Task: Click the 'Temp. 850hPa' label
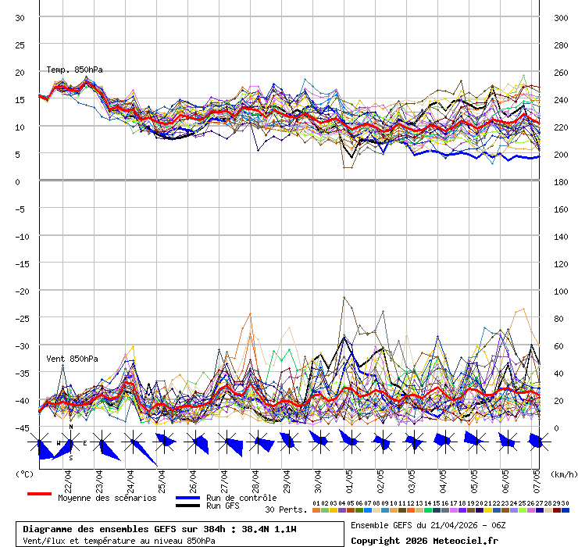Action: (x=74, y=70)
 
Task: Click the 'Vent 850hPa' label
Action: (x=72, y=359)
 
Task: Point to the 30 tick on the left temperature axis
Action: (x=20, y=17)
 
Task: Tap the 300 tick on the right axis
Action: (x=561, y=17)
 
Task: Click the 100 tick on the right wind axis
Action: (x=561, y=291)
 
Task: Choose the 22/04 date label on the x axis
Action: (x=68, y=477)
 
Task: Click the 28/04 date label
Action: (x=255, y=477)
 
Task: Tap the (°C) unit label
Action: (x=25, y=474)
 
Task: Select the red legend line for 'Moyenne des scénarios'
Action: (x=39, y=494)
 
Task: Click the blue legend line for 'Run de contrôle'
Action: (x=187, y=498)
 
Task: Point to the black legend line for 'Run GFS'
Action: (x=187, y=506)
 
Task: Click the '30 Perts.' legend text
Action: (x=286, y=509)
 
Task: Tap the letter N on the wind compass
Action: (x=70, y=427)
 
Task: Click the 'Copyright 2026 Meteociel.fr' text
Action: (x=424, y=540)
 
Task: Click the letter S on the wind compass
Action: (x=70, y=459)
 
